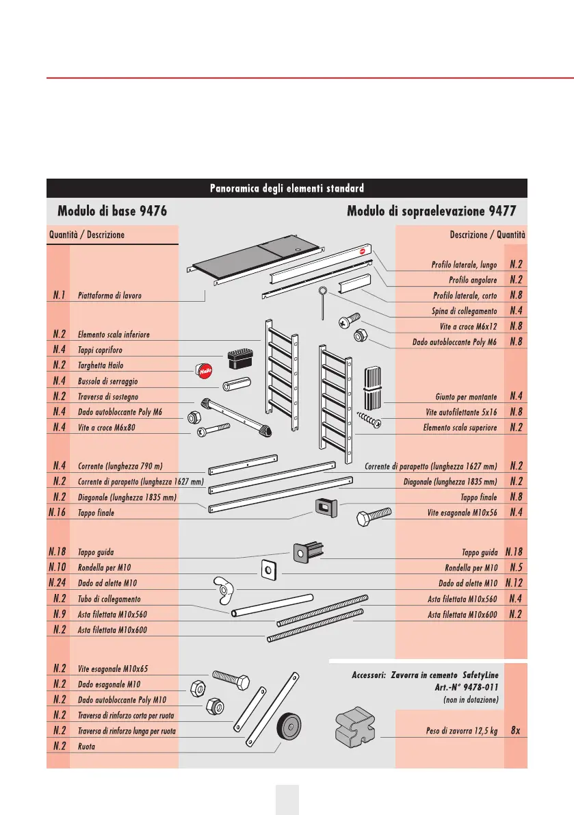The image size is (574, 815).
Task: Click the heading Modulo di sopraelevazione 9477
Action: tap(432, 210)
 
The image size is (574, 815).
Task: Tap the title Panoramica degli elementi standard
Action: tap(287, 187)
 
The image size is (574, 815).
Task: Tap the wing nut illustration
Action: tap(222, 588)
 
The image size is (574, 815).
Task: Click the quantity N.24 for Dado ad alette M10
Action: tap(57, 583)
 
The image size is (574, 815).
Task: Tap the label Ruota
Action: tap(86, 747)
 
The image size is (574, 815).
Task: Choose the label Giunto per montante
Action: tap(466, 396)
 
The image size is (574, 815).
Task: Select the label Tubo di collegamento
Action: tap(109, 599)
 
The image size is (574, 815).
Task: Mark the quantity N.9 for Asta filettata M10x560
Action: tap(59, 614)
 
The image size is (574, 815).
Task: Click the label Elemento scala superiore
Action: tap(460, 428)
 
